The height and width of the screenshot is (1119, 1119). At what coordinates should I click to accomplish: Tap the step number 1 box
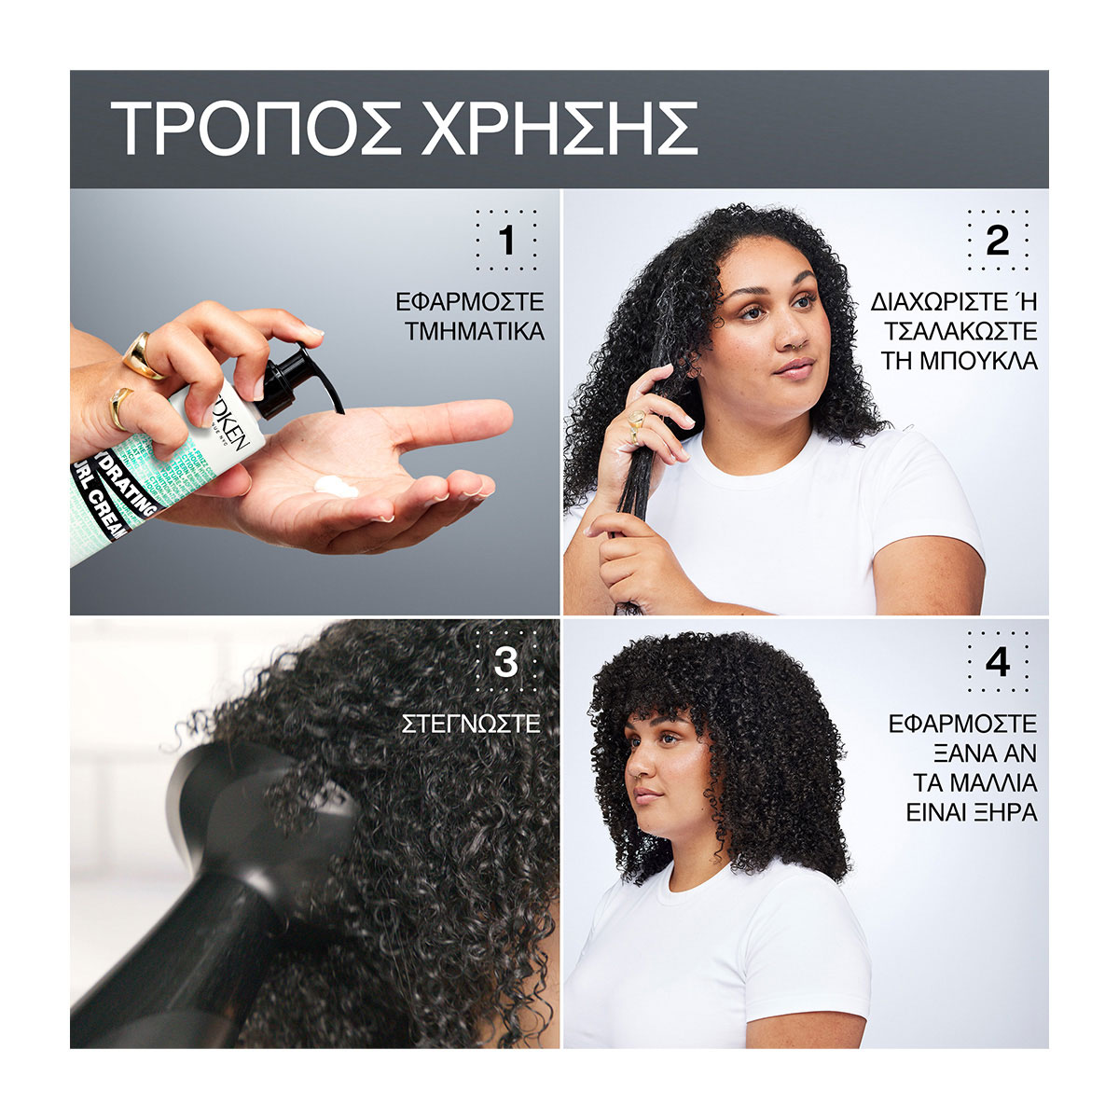pyautogui.click(x=506, y=242)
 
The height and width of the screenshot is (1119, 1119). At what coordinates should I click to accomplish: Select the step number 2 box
pyautogui.click(x=997, y=242)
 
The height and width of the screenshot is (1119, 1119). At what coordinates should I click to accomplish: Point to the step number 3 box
pyautogui.click(x=505, y=662)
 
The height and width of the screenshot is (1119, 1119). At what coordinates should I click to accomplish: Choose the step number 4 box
pyautogui.click(x=997, y=662)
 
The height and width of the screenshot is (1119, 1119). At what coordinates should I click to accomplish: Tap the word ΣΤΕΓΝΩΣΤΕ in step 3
pyautogui.click(x=471, y=724)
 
